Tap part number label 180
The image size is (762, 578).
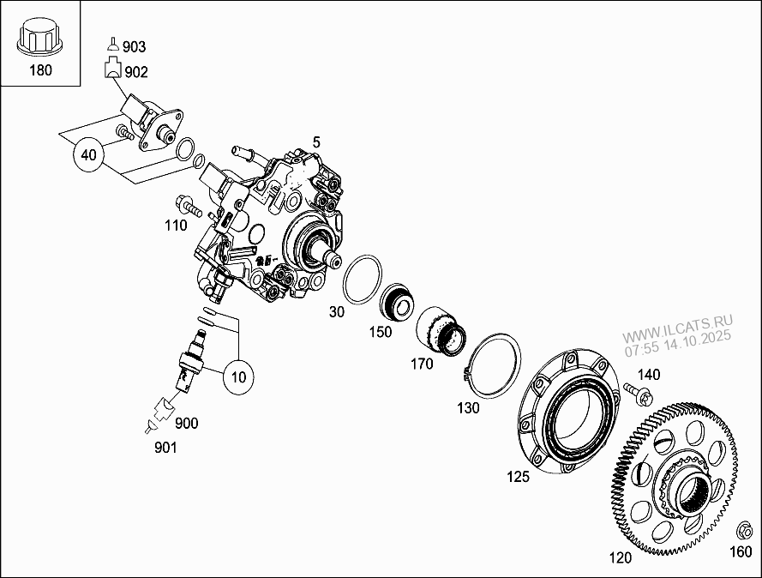(40, 70)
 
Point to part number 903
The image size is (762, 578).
(135, 46)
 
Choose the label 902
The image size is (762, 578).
(136, 72)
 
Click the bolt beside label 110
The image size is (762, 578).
(188, 206)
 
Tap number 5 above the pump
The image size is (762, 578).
(316, 141)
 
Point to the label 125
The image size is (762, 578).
(519, 477)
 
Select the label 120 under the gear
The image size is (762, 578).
(620, 558)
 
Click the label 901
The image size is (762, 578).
(166, 448)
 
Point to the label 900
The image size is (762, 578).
(187, 424)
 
